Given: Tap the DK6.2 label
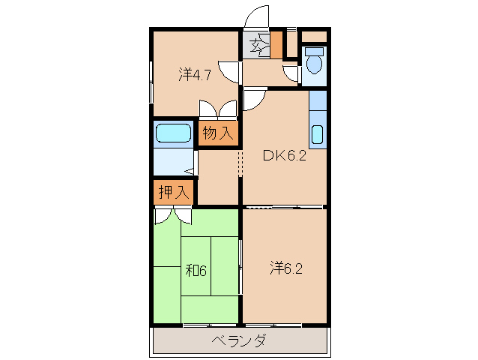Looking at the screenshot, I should pos(283,156).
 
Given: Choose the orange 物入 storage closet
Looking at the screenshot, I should pos(219,133).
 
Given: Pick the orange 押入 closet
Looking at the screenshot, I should pos(173,191).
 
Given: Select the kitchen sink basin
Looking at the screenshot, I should pos(317,136).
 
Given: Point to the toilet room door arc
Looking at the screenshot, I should pos(291,73).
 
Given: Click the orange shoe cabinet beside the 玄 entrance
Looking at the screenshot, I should pos(276,45).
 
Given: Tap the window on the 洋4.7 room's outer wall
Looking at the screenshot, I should pos(151,75).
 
